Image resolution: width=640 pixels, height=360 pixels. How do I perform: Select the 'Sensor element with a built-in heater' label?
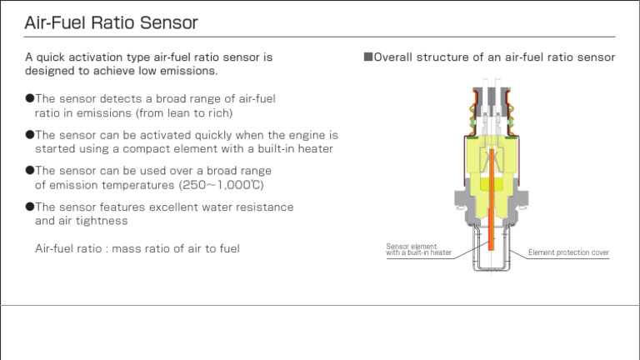coord(418,249)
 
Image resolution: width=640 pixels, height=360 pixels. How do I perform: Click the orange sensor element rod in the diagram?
coord(491,208)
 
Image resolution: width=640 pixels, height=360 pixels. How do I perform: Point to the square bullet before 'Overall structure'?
coord(367,57)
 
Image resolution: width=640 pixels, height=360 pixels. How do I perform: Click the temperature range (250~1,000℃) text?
coord(221,185)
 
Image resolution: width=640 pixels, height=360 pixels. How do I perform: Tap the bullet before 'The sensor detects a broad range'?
coord(29,98)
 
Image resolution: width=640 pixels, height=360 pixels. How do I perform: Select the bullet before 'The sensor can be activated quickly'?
coord(29,134)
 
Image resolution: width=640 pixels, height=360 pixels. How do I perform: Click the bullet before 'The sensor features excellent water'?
coord(29,207)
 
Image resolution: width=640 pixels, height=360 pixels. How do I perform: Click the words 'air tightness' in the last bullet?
coord(93,221)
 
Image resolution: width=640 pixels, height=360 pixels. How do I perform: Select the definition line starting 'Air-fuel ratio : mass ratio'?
coord(137,248)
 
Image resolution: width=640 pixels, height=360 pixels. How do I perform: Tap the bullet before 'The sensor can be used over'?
coord(29,170)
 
